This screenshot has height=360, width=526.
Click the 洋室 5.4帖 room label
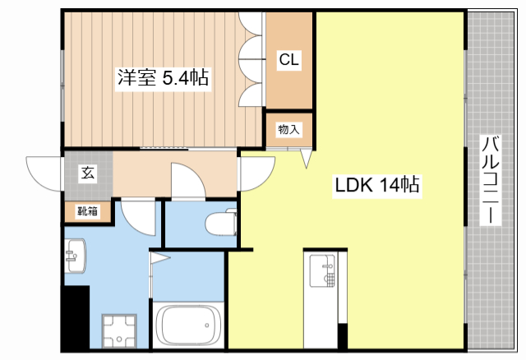pyautogui.click(x=162, y=79)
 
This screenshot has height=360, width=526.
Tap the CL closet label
pyautogui.click(x=288, y=59)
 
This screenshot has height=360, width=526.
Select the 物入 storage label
pyautogui.click(x=288, y=129)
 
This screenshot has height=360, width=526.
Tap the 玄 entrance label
pyautogui.click(x=86, y=173)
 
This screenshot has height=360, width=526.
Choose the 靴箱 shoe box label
pyautogui.click(x=87, y=211)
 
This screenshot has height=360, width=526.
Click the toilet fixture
pyautogui.click(x=220, y=223)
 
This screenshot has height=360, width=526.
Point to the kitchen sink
pyautogui.click(x=325, y=271)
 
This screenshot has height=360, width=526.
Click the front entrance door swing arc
pyautogui.click(x=45, y=173)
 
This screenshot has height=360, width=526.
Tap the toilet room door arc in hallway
pyautogui.click(x=187, y=182)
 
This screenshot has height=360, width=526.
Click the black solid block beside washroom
pyautogui.click(x=76, y=317)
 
